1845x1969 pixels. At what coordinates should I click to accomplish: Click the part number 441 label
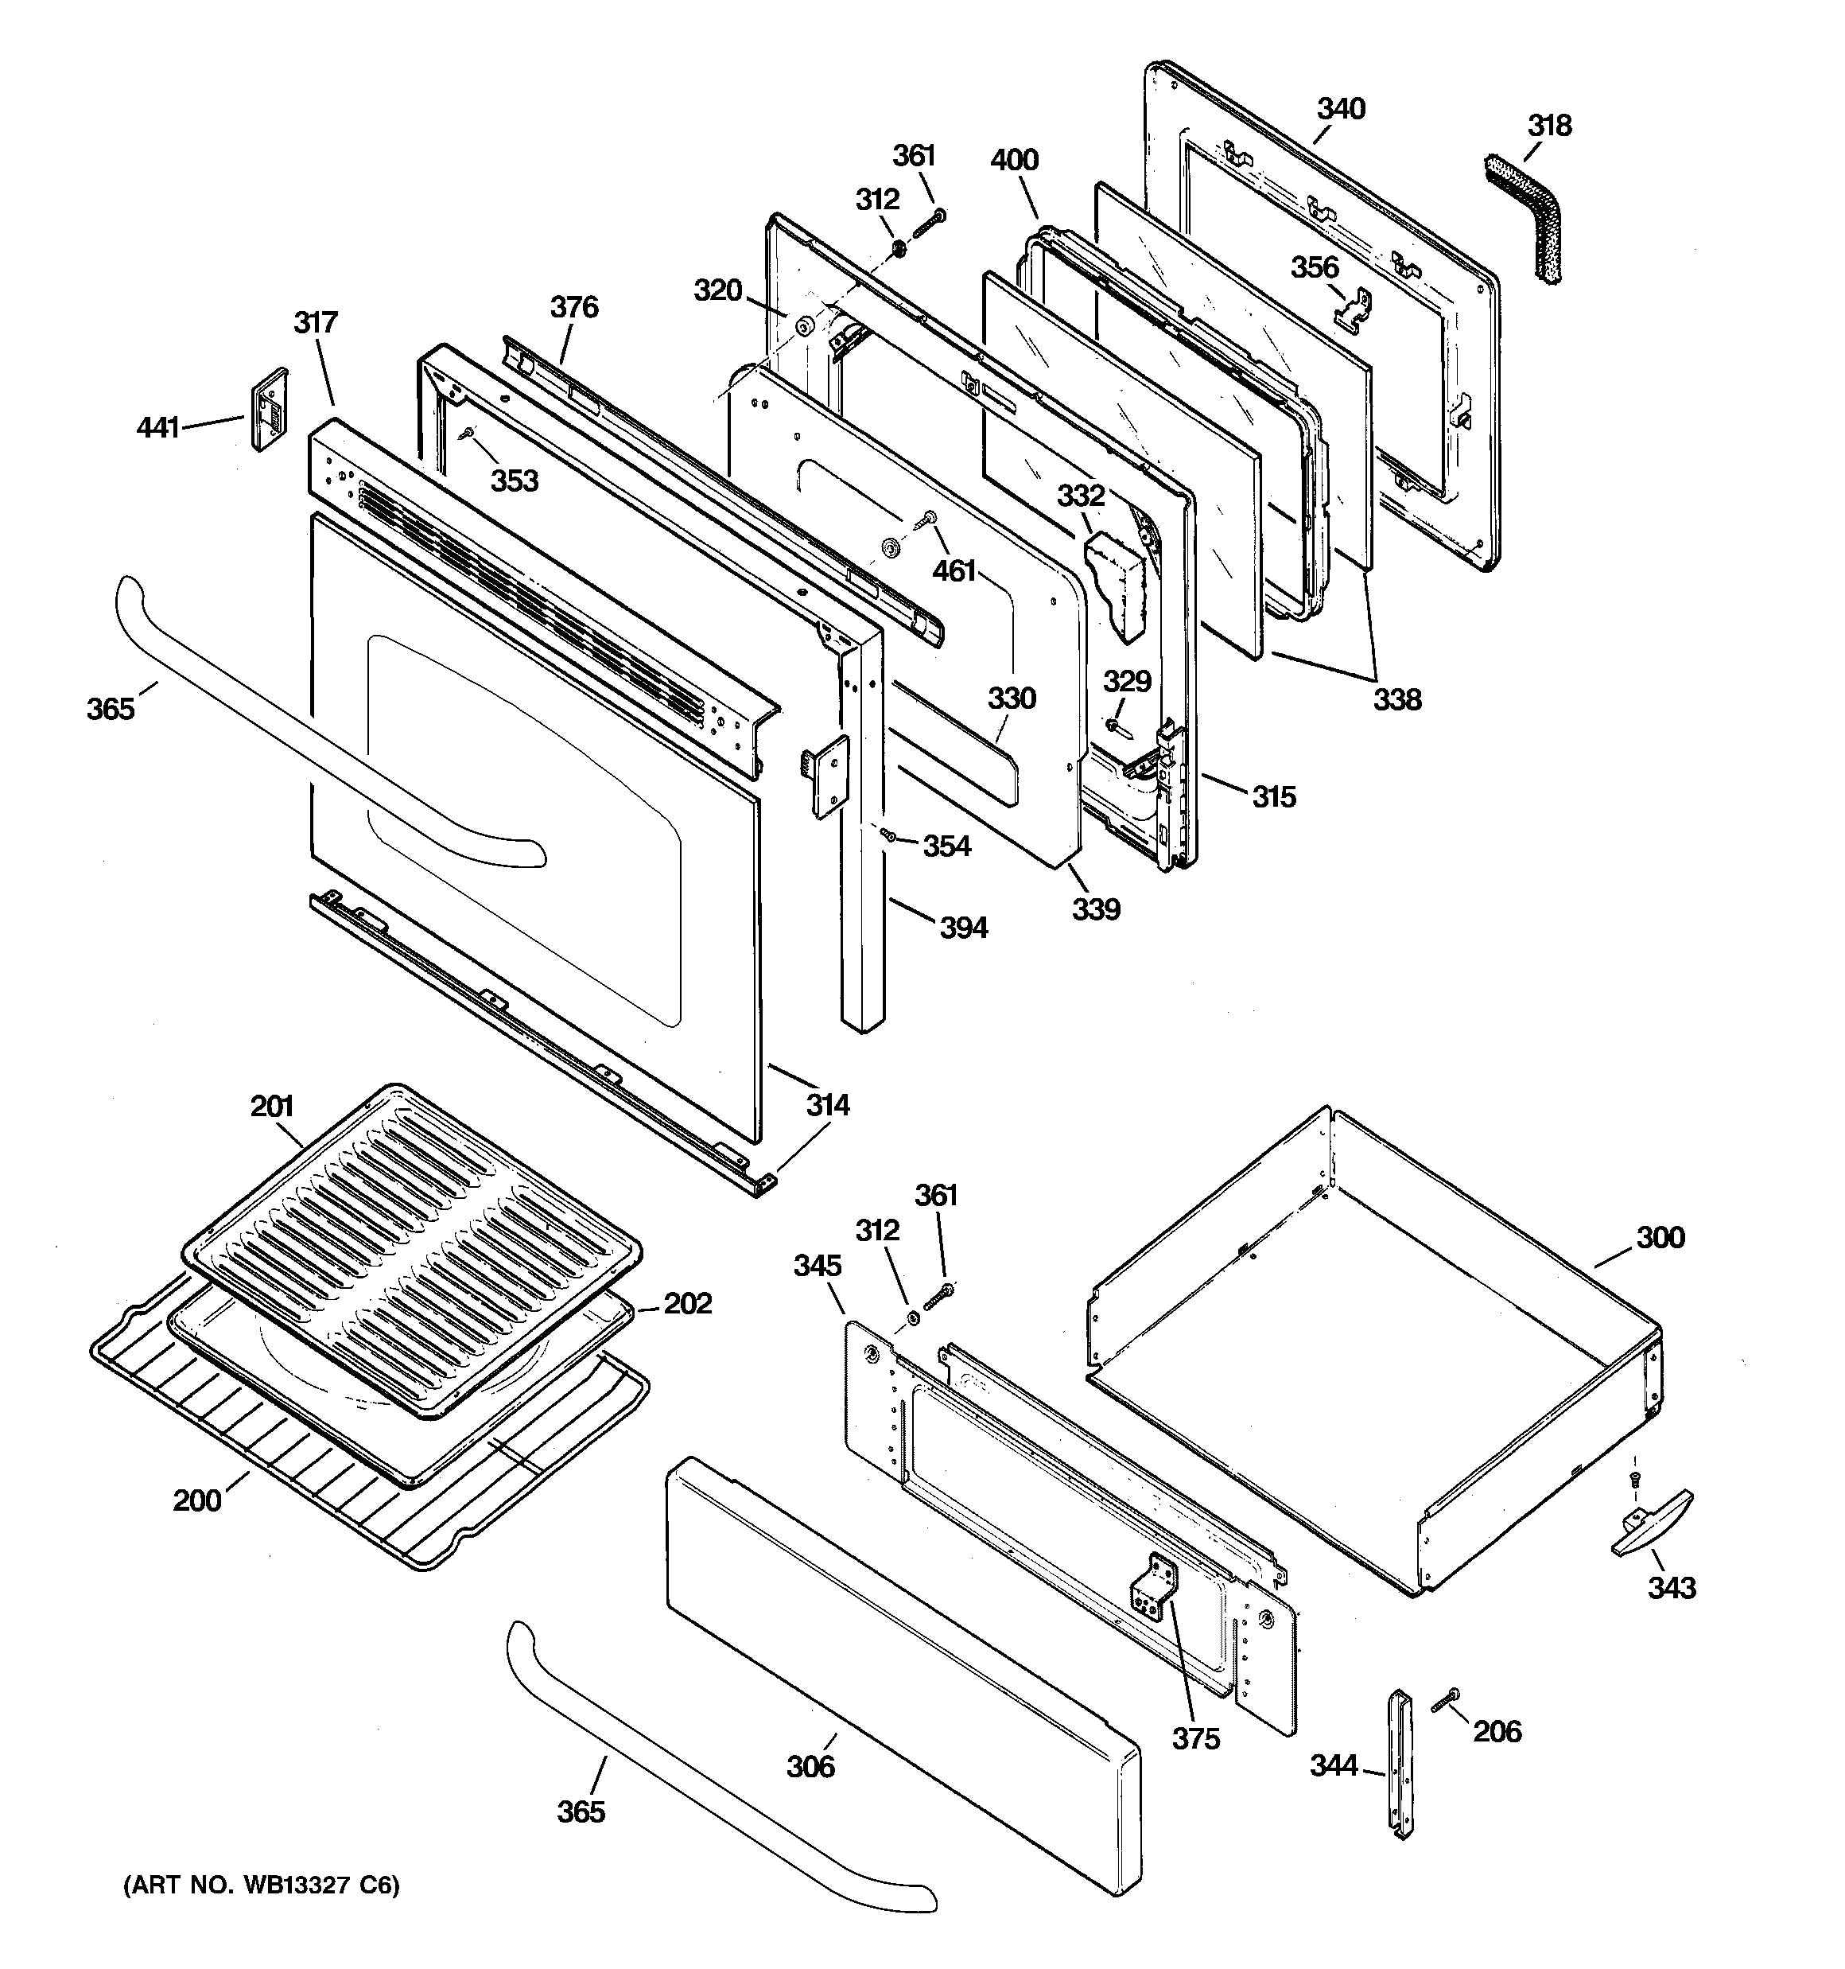(157, 428)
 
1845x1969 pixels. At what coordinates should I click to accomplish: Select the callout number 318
(1549, 126)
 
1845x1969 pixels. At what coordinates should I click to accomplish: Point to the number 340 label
(1341, 108)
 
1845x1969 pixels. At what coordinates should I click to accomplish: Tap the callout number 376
(574, 307)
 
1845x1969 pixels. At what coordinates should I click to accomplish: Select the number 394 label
(964, 928)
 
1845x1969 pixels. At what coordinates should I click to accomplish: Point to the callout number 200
(197, 1500)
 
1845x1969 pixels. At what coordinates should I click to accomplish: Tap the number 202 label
(687, 1303)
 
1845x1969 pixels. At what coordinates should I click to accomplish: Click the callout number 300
(1660, 1237)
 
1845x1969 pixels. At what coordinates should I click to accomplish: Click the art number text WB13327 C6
(262, 1885)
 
